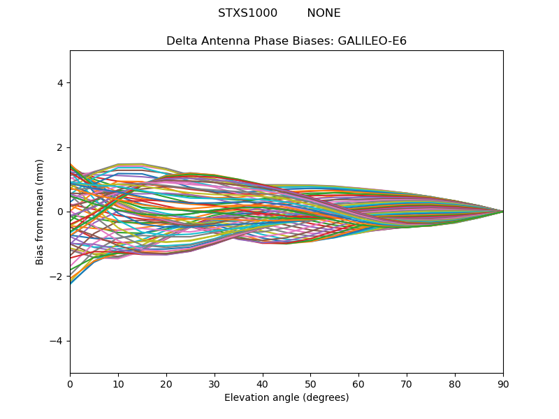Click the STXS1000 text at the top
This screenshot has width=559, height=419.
point(247,13)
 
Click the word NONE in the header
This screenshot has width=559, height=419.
point(324,13)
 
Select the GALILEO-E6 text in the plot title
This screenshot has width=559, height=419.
point(372,41)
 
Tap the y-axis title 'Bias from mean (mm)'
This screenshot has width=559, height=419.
point(39,212)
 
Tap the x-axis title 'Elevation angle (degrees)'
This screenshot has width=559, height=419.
point(286,397)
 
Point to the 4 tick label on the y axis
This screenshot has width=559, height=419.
point(60,83)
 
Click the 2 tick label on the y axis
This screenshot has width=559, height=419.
point(60,147)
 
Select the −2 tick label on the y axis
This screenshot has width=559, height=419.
point(57,277)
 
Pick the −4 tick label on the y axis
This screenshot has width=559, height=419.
point(57,341)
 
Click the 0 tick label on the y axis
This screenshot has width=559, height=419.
point(60,212)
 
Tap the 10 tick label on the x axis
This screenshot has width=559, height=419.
point(118,384)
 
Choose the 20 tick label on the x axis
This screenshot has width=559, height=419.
point(166,384)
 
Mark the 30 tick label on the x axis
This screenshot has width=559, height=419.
point(215,384)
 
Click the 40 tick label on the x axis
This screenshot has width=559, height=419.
point(263,384)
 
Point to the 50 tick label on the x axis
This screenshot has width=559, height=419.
point(311,384)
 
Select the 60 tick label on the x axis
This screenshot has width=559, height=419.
point(359,384)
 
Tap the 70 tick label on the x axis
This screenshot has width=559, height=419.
point(407,384)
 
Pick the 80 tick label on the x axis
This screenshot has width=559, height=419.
point(456,384)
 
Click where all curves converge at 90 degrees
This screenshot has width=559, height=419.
point(503,212)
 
